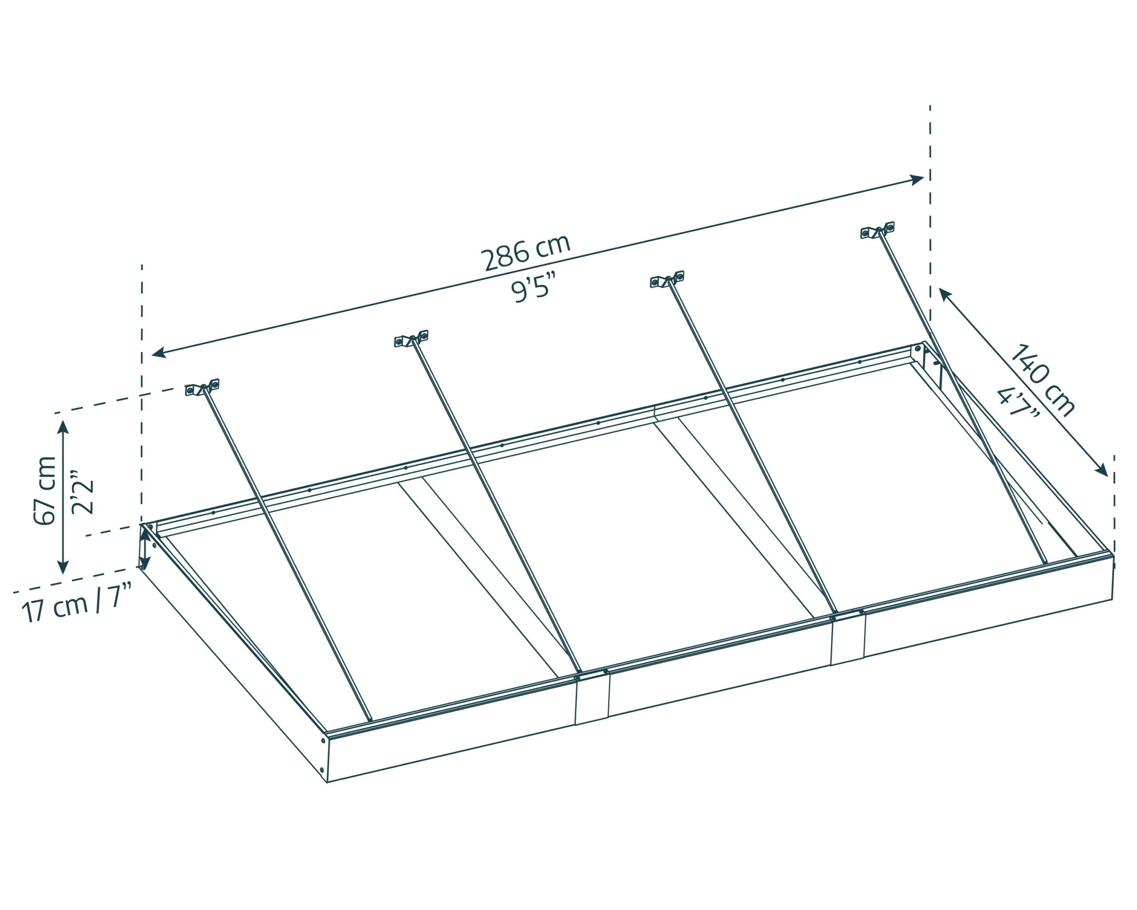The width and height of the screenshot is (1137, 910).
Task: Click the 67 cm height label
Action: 44,491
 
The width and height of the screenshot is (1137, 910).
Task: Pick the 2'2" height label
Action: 82,491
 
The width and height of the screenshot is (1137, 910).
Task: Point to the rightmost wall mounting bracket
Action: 878,230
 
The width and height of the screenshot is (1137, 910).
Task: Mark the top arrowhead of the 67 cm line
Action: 63,427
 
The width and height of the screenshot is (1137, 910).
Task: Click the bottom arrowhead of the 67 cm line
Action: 63,567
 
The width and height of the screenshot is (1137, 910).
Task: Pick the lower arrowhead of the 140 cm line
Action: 1101,470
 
